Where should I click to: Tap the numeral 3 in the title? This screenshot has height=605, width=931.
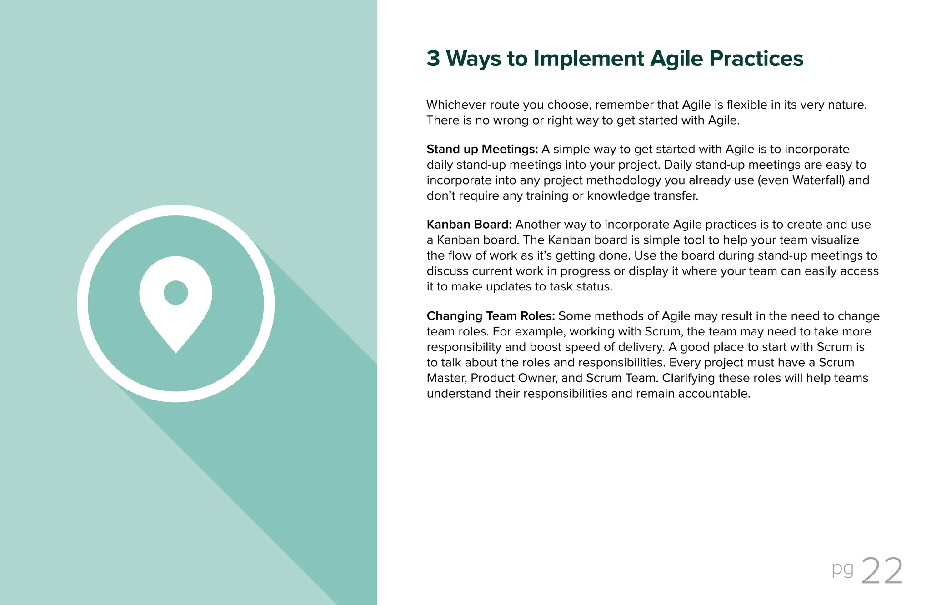(433, 59)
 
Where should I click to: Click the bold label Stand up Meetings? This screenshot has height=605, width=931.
(482, 150)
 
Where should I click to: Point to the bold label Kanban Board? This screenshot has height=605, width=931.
(469, 225)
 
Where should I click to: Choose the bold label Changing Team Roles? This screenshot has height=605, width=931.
(491, 316)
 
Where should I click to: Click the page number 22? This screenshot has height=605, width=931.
(882, 571)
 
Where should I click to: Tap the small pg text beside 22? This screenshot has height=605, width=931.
(842, 569)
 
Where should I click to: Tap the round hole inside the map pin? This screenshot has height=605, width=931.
(175, 292)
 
